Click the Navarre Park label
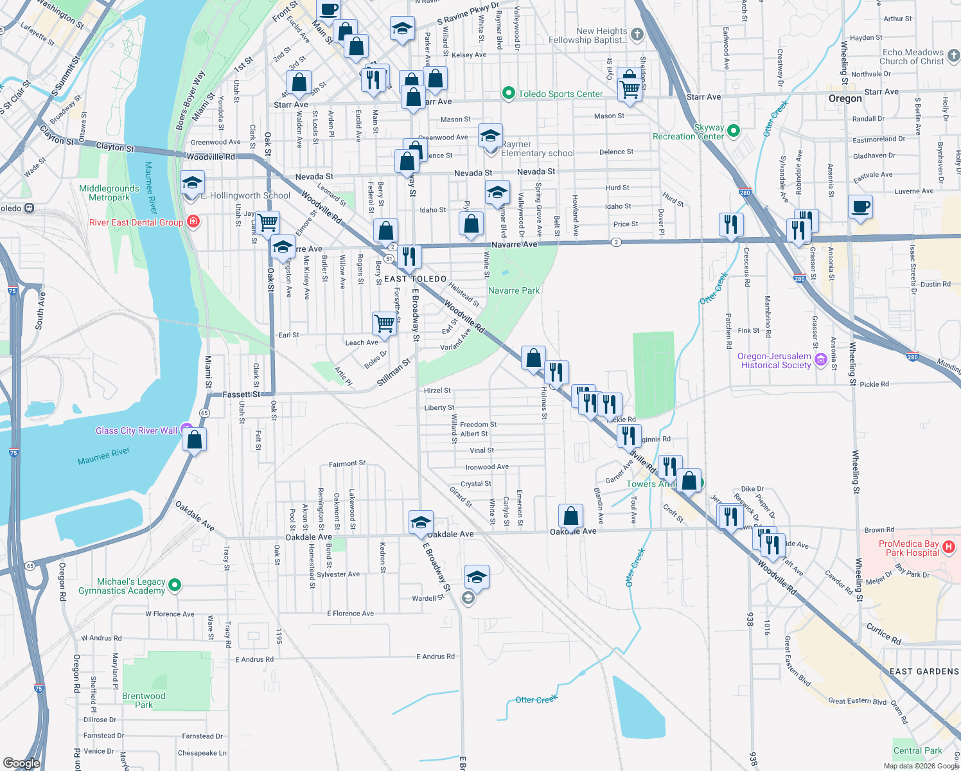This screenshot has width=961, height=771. tap(513, 290)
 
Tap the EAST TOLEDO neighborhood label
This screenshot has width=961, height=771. tap(415, 279)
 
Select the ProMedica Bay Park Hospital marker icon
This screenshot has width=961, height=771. tap(949, 547)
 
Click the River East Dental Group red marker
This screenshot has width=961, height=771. tap(193, 222)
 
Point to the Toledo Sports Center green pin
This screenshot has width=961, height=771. tap(509, 94)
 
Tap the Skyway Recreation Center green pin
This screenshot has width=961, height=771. tap(734, 131)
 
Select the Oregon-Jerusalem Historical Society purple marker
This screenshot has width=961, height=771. tap(820, 360)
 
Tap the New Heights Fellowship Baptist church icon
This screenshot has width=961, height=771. tap(637, 35)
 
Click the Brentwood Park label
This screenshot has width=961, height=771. tap(143, 700)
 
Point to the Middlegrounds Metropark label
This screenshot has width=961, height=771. tap(109, 193)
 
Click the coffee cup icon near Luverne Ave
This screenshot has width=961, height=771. tap(860, 207)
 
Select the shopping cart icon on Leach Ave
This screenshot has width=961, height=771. tap(384, 323)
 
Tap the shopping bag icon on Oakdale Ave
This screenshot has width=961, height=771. tap(570, 515)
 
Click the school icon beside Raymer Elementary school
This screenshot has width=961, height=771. tap(490, 136)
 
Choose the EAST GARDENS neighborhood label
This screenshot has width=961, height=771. tap(924, 671)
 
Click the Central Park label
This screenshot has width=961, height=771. tap(917, 750)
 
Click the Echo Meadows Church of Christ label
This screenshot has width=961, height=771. tap(912, 57)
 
